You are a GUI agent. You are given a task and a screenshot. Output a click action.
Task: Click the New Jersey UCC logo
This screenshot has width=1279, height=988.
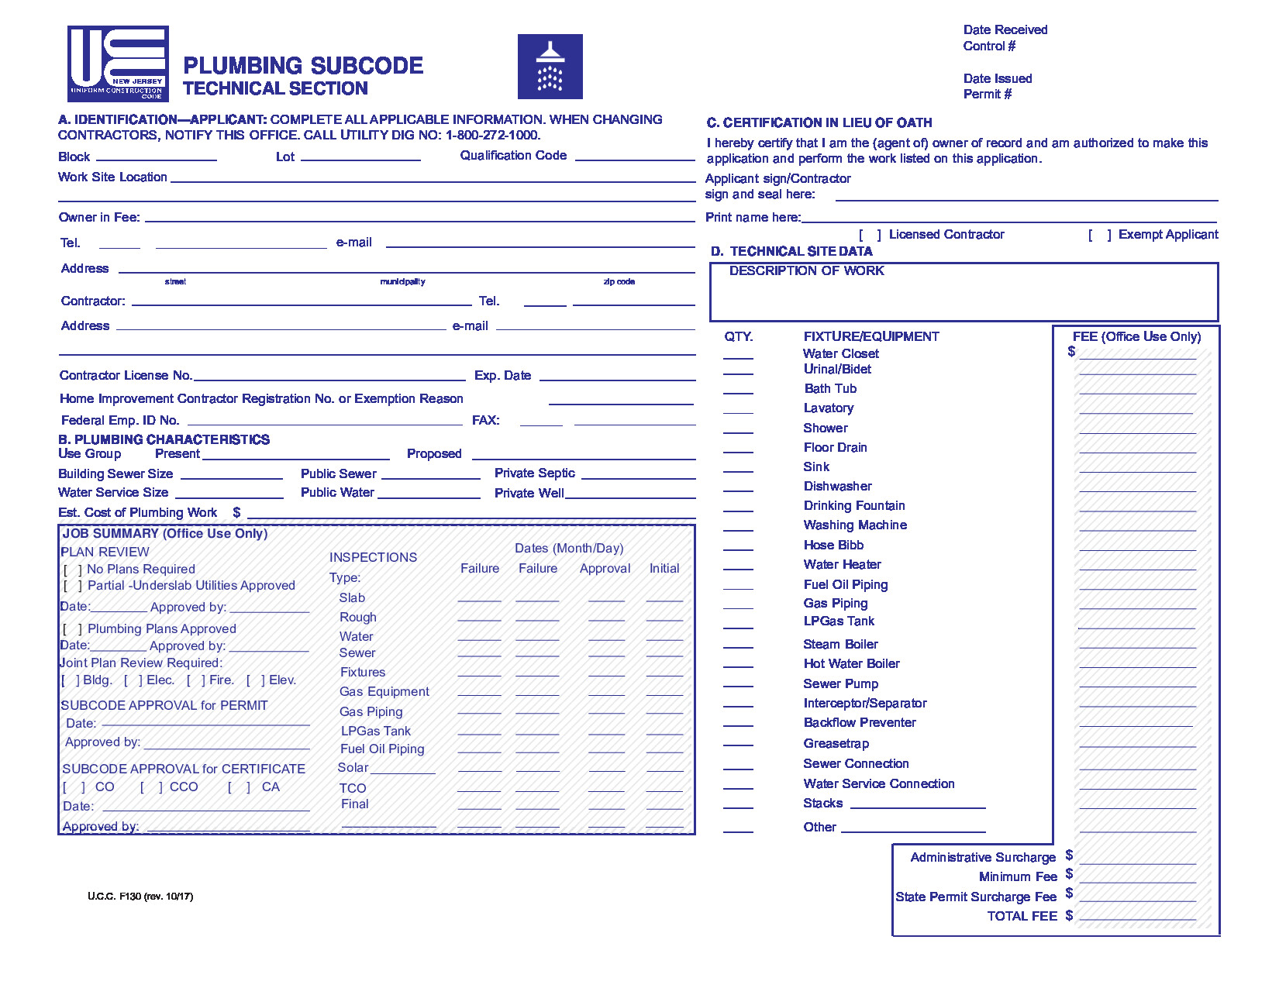[x=118, y=64]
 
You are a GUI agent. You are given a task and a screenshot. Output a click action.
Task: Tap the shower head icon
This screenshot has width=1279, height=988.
[x=550, y=67]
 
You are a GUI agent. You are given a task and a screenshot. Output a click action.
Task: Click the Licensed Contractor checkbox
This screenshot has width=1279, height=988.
[x=870, y=235]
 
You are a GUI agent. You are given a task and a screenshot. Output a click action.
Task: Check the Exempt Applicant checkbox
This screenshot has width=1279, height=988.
[x=1099, y=235]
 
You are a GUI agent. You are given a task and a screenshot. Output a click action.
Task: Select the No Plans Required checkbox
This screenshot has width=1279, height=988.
[x=73, y=570]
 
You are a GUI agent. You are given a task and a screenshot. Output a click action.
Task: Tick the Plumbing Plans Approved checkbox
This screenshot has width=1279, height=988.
[x=73, y=629]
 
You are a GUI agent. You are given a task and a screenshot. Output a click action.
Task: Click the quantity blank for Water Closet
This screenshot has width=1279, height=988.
[x=738, y=356]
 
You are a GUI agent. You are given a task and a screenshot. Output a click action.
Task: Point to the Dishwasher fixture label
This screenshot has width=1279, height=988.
[x=837, y=487]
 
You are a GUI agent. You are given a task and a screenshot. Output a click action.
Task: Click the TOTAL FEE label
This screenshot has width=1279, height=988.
[x=1022, y=916]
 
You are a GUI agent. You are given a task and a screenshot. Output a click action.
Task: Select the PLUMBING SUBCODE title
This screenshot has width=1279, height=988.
[x=303, y=66]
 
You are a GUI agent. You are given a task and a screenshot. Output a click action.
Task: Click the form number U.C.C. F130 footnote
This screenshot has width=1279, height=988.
[x=140, y=897]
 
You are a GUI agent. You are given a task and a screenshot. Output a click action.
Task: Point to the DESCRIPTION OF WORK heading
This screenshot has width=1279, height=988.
[x=806, y=271]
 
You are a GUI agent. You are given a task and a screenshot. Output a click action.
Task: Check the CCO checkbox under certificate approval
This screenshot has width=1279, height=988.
[x=151, y=787]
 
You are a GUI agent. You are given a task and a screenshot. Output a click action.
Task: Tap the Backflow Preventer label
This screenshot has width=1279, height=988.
[x=860, y=723]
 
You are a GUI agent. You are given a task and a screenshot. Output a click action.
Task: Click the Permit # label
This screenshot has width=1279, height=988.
[x=987, y=95]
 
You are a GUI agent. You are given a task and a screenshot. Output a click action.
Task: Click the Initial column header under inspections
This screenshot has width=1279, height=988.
[x=664, y=569]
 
